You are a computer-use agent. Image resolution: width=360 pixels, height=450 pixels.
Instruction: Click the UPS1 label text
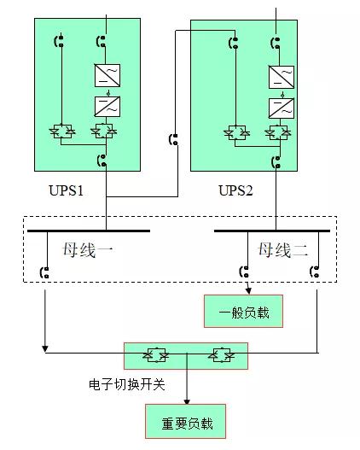point(66,190)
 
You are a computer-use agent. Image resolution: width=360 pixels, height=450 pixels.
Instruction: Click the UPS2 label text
point(235,190)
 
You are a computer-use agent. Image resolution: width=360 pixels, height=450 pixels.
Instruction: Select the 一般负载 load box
point(242,312)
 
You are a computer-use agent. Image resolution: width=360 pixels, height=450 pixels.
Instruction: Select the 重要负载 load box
point(187,423)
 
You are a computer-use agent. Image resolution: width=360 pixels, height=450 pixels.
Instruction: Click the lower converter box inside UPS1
point(107,107)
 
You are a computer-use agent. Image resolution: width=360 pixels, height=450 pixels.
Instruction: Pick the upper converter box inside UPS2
point(281,78)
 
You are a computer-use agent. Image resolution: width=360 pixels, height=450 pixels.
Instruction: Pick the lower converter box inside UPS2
point(281,108)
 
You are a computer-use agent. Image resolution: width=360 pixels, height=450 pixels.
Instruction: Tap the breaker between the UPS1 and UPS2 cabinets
point(175,139)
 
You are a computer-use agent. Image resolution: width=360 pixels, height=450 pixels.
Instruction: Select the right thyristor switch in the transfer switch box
point(222,354)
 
